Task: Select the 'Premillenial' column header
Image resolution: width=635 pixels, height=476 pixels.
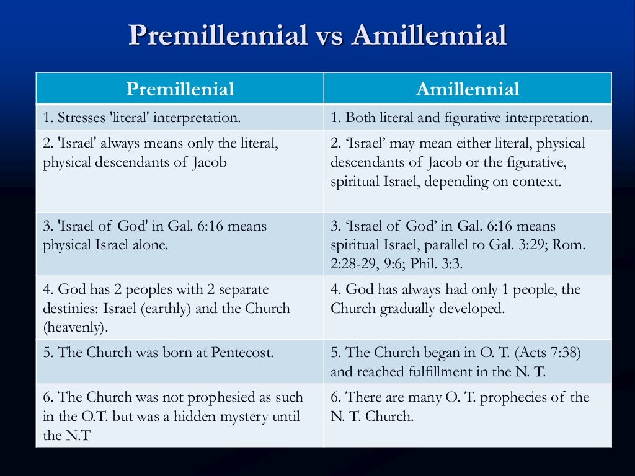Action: click(x=180, y=89)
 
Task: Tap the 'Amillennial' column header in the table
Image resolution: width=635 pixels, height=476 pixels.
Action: click(x=468, y=89)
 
